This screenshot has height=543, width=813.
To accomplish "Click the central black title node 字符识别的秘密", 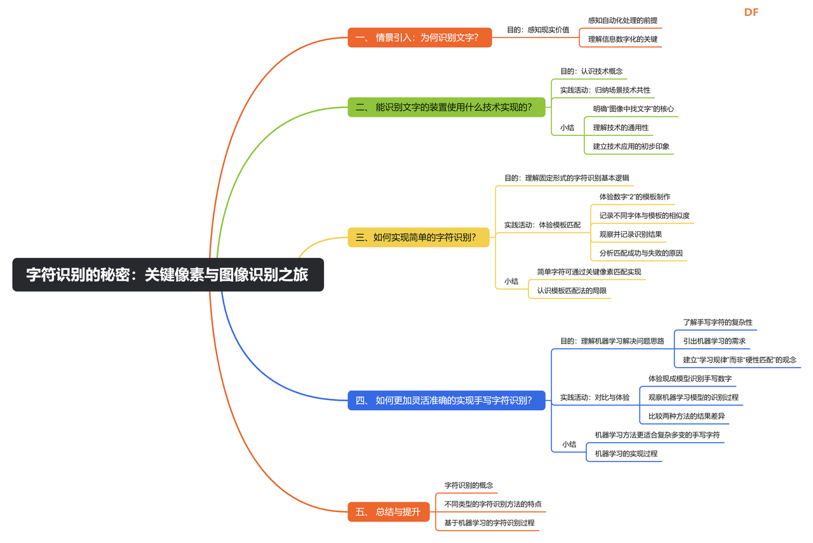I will point(168,274).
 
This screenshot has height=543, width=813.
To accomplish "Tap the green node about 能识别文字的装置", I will point(446,107).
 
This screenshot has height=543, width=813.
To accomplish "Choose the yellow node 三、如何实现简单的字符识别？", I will point(418,238).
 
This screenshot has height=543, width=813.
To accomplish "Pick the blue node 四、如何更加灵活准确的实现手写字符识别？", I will point(446,400).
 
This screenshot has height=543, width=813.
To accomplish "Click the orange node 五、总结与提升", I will point(389,511).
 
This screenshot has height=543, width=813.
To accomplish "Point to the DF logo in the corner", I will point(751,12).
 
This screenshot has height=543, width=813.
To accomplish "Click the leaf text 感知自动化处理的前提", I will point(622,20).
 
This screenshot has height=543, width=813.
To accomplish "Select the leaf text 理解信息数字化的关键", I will point(622,39).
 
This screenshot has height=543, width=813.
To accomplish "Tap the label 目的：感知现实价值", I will point(537,29).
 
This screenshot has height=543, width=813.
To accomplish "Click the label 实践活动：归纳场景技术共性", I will point(605,90).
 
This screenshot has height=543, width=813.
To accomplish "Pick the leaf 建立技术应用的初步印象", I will point(631,146).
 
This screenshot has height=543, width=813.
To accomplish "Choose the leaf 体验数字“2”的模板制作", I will point(635,197).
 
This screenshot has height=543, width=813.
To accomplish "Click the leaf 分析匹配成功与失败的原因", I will point(641,253).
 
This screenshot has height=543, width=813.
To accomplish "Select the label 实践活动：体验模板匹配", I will point(542,225).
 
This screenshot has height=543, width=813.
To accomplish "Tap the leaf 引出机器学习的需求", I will point(715,341).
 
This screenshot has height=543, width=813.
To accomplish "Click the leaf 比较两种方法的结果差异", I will point(686,417).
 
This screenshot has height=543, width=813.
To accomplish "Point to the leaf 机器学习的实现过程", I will point(626,453).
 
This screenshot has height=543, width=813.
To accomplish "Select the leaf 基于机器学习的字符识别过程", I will point(489,523).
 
